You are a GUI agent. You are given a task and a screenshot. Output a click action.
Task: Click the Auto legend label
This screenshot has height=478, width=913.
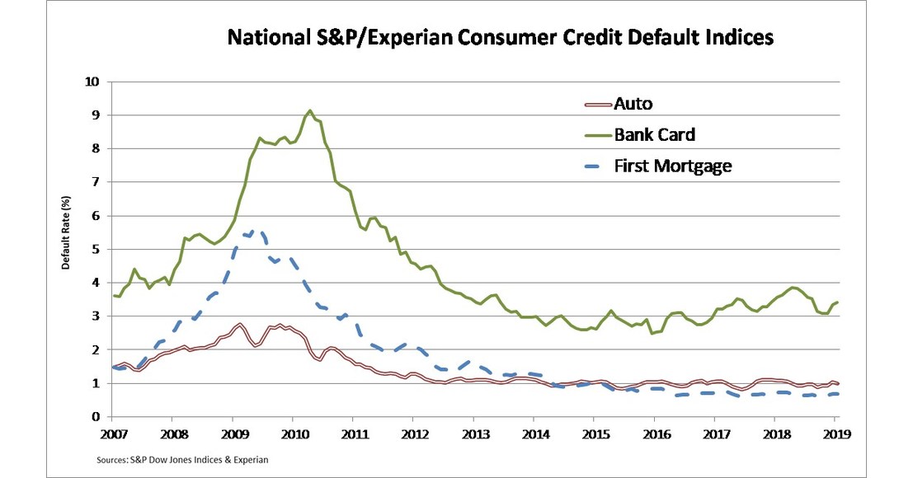pyautogui.click(x=633, y=104)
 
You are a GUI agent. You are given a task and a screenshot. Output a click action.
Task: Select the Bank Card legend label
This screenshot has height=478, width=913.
pyautogui.click(x=654, y=134)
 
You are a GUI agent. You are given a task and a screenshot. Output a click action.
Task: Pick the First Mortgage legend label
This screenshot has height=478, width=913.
pyautogui.click(x=673, y=166)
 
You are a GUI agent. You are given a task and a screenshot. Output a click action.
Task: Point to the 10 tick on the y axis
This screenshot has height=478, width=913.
pyautogui.click(x=92, y=82)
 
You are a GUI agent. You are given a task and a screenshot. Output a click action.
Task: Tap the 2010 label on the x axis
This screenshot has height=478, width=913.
pyautogui.click(x=293, y=432)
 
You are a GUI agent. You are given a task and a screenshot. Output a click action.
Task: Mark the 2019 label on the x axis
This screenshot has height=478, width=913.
pyautogui.click(x=835, y=432)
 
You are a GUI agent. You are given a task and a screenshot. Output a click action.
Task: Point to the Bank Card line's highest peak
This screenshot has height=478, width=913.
pyautogui.click(x=309, y=110)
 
